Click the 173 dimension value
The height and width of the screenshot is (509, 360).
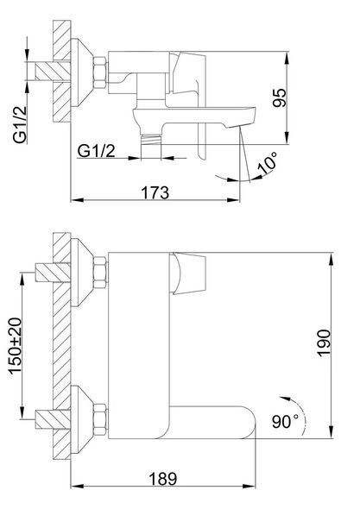point(155,192)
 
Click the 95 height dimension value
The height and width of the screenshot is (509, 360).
point(280,97)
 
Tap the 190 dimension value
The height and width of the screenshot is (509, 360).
point(324,343)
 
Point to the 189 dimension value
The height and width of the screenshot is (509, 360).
point(163,479)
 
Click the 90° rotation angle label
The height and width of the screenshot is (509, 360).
point(285,422)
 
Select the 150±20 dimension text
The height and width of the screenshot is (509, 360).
point(16,345)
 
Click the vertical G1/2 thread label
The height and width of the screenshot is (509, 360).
point(20,124)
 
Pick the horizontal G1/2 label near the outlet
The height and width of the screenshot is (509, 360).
point(97,151)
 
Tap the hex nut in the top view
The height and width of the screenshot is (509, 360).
point(100,72)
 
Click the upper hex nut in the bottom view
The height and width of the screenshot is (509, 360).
point(100,272)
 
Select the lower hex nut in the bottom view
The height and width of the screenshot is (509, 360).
point(100,420)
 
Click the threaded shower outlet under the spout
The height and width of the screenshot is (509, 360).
point(151,139)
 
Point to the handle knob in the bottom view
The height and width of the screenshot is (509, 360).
point(189,273)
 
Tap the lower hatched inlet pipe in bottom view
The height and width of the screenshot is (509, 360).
point(53,419)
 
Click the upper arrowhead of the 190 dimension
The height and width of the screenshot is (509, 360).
point(332,260)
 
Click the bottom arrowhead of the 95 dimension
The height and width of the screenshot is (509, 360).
point(287,137)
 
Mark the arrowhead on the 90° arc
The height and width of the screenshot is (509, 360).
point(285,398)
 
